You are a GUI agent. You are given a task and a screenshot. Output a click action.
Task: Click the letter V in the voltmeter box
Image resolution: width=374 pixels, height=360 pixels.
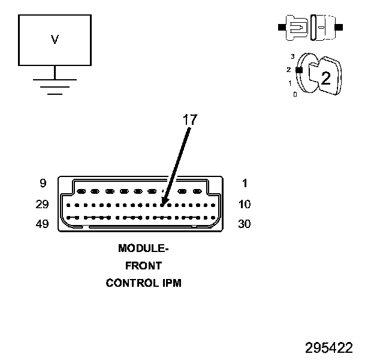point(55,40)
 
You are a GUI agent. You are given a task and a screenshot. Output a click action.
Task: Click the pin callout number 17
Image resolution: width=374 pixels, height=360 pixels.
point(189,119)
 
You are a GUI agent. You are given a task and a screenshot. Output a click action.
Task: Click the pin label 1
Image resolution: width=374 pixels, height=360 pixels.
point(244,184)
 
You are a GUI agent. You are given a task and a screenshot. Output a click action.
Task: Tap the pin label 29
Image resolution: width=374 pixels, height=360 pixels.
point(41,204)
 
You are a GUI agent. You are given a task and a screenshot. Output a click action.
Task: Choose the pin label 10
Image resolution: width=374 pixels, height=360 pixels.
point(244,204)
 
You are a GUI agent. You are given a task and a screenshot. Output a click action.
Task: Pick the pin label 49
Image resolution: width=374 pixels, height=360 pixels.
point(41,224)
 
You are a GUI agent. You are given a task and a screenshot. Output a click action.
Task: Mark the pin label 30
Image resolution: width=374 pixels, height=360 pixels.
point(244,224)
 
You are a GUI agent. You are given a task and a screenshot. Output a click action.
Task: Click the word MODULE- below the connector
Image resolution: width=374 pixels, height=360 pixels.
point(143,248)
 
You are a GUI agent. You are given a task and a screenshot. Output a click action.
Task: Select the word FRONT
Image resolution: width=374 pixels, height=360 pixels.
point(143,265)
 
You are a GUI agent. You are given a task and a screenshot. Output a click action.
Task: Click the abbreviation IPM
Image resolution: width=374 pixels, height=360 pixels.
point(171,283)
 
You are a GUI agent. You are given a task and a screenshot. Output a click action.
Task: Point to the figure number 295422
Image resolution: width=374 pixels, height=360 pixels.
point(328,348)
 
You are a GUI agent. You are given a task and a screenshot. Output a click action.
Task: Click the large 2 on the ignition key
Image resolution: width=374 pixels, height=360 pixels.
point(325,77)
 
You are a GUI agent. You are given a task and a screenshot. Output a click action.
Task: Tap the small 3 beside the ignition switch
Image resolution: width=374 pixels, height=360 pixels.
point(292,56)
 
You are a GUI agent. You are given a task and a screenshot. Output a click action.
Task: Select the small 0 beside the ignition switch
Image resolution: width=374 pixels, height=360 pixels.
point(294,95)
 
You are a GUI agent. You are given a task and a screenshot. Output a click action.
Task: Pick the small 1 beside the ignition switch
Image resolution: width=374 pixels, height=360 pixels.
point(290,83)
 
